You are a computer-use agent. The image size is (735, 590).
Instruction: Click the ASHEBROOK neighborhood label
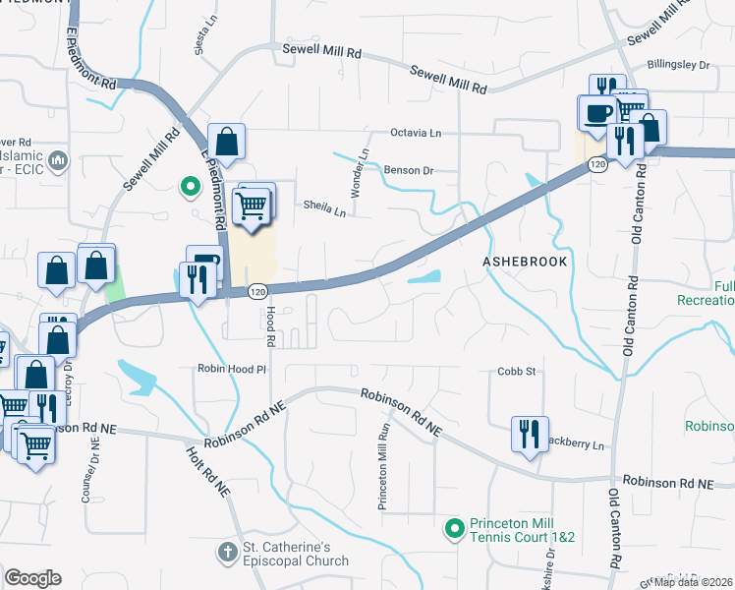coord(525,263)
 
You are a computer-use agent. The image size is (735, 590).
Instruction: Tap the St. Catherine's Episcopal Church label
coord(296,555)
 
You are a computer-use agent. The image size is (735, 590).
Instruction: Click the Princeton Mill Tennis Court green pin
coord(454,530)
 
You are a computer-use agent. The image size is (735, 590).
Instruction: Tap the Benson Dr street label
coord(409,170)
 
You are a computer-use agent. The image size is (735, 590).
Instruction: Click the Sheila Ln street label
coord(324,207)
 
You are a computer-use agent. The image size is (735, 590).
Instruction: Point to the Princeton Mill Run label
coord(383,467)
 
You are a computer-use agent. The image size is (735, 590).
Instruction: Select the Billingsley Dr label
coord(678,65)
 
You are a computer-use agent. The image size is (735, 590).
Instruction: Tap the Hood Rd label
coord(269,324)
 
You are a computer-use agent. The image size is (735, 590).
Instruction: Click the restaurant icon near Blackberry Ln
coord(529,432)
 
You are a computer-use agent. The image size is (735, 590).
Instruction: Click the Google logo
coord(33,577)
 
